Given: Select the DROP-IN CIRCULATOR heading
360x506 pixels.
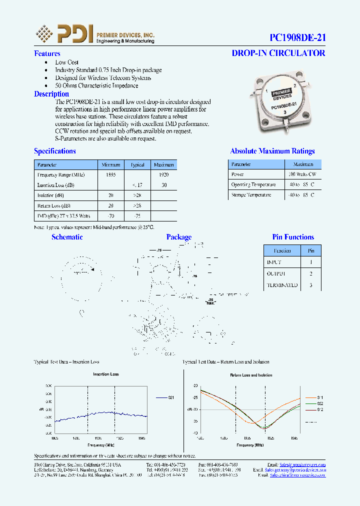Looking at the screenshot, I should coord(278,53).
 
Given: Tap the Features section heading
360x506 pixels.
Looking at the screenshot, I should coord(47,53).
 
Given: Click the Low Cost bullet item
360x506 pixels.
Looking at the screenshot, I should coord(66,62).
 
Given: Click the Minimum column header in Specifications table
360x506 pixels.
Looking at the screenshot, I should coord(111,164).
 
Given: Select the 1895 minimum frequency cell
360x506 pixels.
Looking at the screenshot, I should coord(111,174).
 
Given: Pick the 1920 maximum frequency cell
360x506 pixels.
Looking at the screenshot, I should coord(163,174).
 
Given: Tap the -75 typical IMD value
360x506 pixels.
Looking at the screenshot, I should coord(137,216).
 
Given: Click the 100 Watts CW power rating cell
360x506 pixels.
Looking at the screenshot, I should coord(302,174).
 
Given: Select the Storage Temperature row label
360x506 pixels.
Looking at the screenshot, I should coord(251,195).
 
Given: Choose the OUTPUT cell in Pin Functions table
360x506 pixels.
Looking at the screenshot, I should coord(275,274).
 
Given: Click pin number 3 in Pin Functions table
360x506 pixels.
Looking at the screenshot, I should coord(311,285).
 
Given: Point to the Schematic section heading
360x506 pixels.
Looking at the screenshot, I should coord(67,237).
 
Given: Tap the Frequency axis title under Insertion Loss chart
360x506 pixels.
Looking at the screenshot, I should coord(100,444).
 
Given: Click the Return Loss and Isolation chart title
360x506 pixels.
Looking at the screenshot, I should coord(250,374).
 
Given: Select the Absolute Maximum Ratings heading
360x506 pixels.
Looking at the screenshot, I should coord(272,151).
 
